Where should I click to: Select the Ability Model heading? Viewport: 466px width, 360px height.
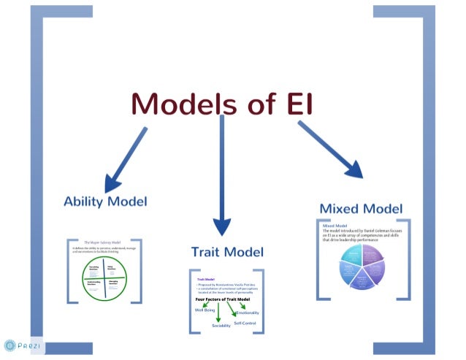pyautogui.click(x=105, y=201)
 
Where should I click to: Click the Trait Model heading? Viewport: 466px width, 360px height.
pyautogui.click(x=227, y=252)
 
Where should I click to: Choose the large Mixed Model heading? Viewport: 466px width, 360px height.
pyautogui.click(x=361, y=208)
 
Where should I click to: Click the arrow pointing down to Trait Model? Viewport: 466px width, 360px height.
pyautogui.click(x=221, y=175)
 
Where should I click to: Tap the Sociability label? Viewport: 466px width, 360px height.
pyautogui.click(x=221, y=325)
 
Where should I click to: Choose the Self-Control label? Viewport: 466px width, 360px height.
pyautogui.click(x=245, y=322)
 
